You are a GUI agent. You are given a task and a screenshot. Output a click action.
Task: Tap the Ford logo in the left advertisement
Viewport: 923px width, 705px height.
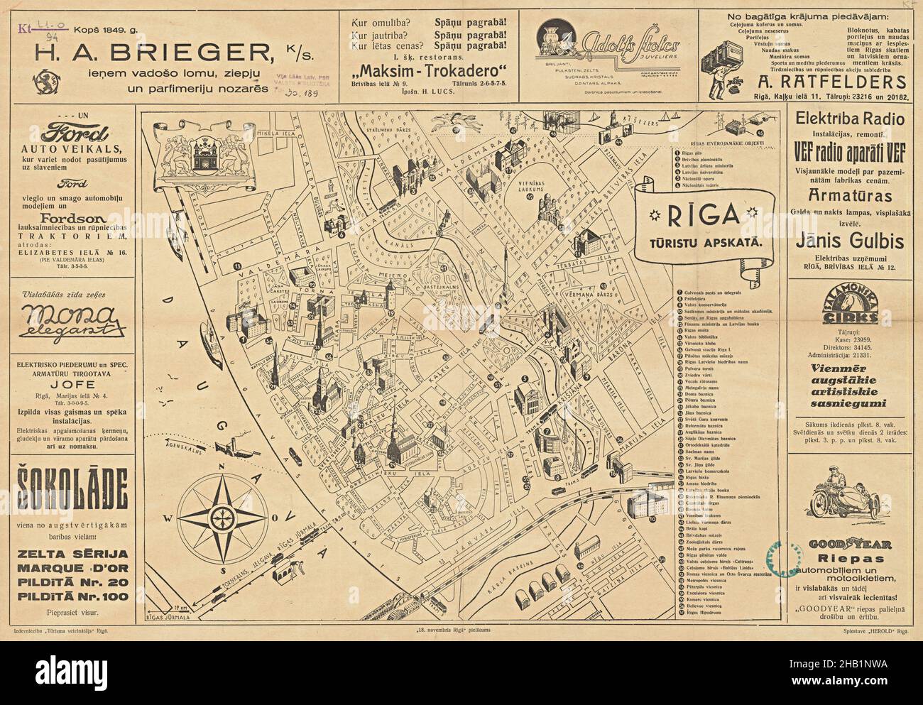point(69,132)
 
